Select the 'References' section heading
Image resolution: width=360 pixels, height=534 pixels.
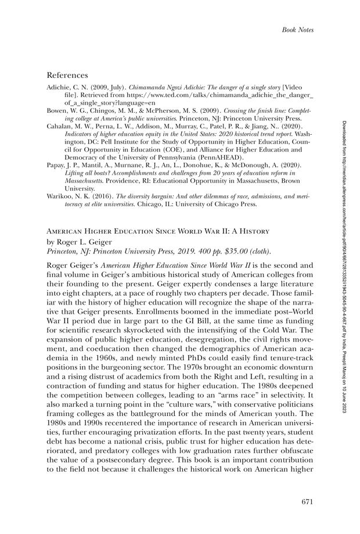coord(67,75)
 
